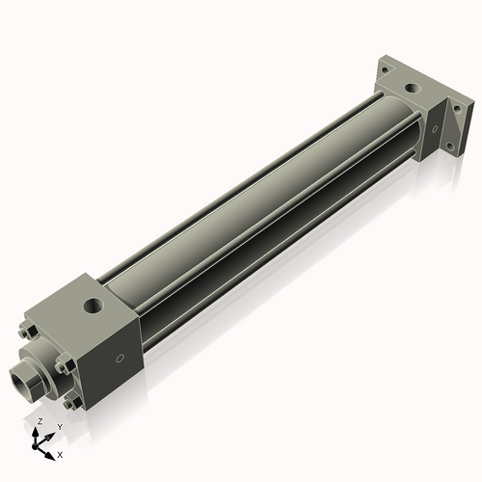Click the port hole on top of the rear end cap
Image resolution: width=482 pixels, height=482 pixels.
pos(414,88)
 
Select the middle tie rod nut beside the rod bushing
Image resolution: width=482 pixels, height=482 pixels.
pos(61,366)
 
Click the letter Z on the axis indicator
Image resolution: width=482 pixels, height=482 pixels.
pos(39,422)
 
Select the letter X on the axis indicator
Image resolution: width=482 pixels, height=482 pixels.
pos(60,453)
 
